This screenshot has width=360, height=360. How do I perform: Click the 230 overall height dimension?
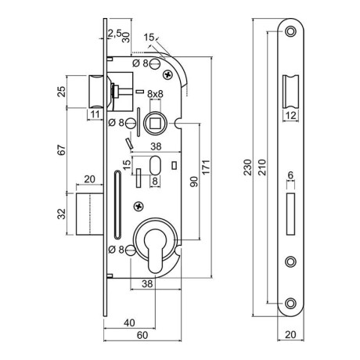(x=247, y=167)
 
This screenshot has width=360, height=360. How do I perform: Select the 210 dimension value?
(x=261, y=167)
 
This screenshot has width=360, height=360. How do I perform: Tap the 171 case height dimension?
(x=206, y=167)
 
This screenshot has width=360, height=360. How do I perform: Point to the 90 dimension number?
(x=194, y=182)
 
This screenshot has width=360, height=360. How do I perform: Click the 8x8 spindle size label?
(x=155, y=94)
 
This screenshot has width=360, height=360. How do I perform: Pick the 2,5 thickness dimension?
(x=114, y=33)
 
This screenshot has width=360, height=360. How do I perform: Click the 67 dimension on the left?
(x=62, y=150)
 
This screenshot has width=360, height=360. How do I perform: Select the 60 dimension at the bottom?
(x=142, y=335)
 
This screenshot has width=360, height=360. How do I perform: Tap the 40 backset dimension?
(x=129, y=323)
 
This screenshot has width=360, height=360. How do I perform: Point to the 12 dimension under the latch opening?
(x=290, y=115)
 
